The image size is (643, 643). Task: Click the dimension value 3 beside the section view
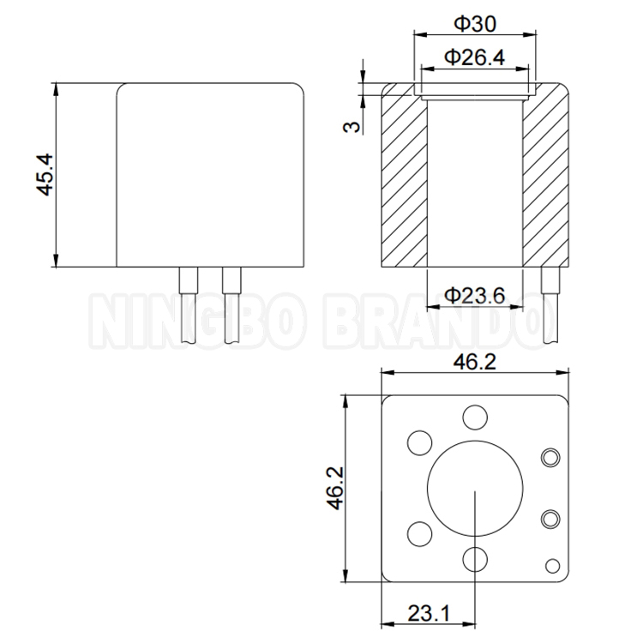(351, 127)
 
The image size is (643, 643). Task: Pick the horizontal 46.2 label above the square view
(473, 363)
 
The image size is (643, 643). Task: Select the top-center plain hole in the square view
(473, 418)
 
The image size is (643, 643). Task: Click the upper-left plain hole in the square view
(419, 442)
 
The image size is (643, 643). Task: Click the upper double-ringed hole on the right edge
(550, 458)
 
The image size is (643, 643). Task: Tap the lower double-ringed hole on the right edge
(550, 518)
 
